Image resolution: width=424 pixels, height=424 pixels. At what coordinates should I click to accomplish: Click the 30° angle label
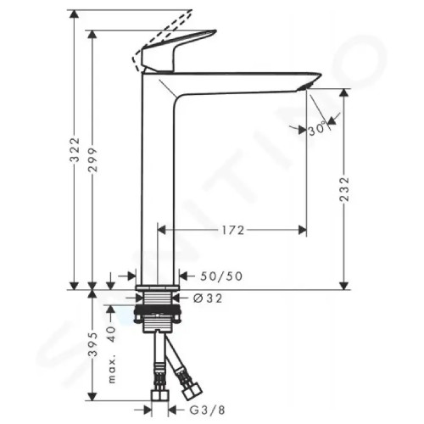click(319, 130)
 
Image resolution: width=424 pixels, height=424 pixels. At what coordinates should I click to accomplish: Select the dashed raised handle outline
click(161, 38)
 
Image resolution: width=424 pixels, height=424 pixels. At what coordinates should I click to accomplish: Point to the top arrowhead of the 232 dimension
click(343, 93)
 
